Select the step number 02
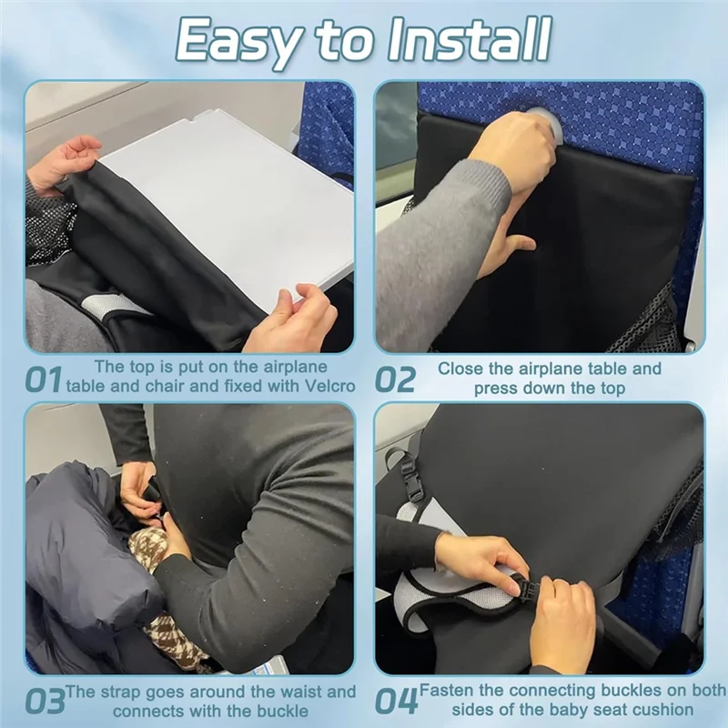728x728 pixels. [395, 379]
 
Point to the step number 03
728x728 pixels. [45, 702]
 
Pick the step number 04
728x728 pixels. [397, 702]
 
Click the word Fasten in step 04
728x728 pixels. [448, 692]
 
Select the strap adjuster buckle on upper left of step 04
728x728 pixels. [412, 479]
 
